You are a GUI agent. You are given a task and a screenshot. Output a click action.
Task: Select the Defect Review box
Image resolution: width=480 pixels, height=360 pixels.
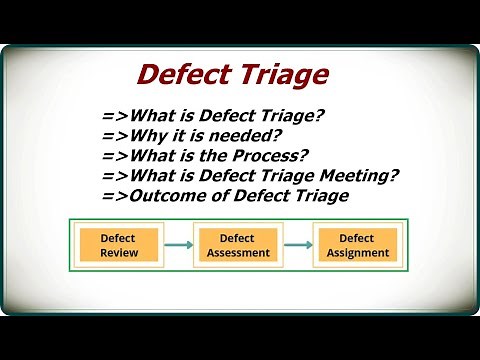click(x=119, y=245)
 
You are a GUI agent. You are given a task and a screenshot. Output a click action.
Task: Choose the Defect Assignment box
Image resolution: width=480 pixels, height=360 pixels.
click(x=357, y=245)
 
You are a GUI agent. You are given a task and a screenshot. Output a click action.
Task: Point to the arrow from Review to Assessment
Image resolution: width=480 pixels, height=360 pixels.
click(x=179, y=245)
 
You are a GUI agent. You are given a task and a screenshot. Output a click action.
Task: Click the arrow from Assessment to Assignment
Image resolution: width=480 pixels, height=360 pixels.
click(x=298, y=245)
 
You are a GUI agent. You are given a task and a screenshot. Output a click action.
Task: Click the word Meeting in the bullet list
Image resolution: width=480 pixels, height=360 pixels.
click(x=353, y=175)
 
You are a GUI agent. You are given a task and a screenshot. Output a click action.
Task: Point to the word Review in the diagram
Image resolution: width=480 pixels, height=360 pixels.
click(x=119, y=253)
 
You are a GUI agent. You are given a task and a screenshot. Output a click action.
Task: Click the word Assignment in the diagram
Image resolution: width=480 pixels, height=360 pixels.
click(x=357, y=253)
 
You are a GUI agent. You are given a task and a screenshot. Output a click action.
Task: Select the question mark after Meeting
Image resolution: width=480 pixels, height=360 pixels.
click(x=395, y=175)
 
